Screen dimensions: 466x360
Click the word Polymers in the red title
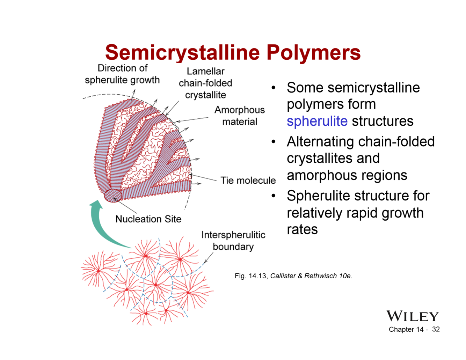pyautogui.click(x=313, y=52)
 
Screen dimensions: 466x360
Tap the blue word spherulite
pyautogui.click(x=317, y=121)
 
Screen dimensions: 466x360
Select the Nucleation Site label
pyautogui.click(x=148, y=219)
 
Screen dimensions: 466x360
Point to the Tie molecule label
pyautogui.click(x=248, y=180)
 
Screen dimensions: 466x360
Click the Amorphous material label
pyautogui.click(x=240, y=116)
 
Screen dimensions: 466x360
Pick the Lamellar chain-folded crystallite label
pyautogui.click(x=205, y=83)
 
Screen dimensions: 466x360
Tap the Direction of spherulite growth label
pyautogui.click(x=122, y=74)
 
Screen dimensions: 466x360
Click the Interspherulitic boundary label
pyautogui.click(x=233, y=241)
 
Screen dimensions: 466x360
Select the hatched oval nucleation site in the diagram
pyautogui.click(x=113, y=195)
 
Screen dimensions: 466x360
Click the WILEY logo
pyautogui.click(x=412, y=316)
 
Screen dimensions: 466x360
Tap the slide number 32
pyautogui.click(x=436, y=329)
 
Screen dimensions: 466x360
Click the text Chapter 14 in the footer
pyautogui.click(x=406, y=329)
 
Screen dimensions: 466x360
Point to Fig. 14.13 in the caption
pyautogui.click(x=251, y=276)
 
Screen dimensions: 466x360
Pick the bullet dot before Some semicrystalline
pyautogui.click(x=274, y=88)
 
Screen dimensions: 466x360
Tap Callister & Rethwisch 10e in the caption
pyautogui.click(x=311, y=276)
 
